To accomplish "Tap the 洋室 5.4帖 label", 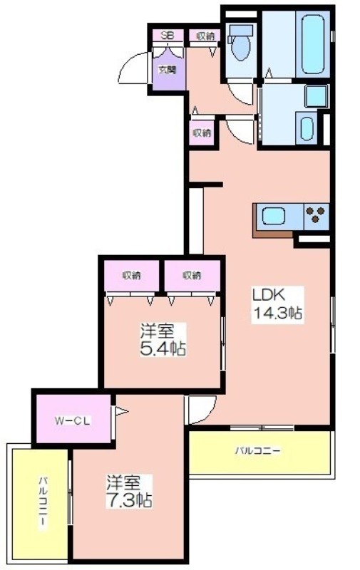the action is [163, 340].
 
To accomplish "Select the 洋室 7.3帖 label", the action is [129, 491].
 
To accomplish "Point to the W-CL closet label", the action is [73, 420].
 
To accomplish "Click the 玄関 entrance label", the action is [167, 69].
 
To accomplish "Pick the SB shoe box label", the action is [167, 36].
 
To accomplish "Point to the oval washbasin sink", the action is [307, 128].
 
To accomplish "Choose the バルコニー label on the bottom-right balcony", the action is [257, 451].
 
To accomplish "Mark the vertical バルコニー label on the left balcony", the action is [43, 502].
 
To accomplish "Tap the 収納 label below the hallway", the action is [202, 133].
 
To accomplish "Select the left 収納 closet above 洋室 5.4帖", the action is [131, 275].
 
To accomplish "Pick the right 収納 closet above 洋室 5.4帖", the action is [192, 275].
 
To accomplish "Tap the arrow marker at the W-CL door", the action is [122, 412].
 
